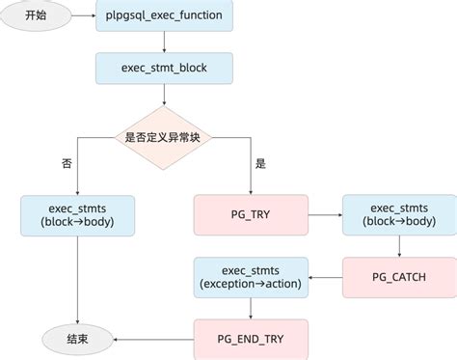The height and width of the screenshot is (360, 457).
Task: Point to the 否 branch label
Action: coord(66,163)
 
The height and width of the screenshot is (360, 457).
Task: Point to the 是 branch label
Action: coord(260,163)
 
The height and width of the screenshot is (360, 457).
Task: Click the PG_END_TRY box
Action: coord(251,339)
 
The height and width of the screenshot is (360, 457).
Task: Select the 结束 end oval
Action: coord(77,339)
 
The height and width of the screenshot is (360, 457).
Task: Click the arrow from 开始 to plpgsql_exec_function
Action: coord(84,17)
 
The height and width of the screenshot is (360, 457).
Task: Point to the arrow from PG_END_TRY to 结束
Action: coord(154,339)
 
